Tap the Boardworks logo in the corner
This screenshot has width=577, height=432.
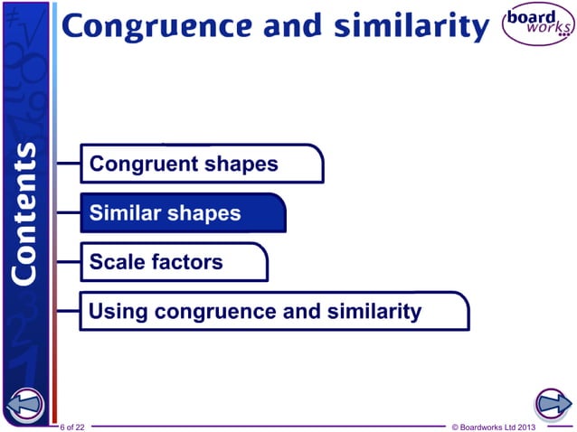pyautogui.click(x=538, y=26)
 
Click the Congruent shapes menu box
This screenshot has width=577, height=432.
pyautogui.click(x=202, y=164)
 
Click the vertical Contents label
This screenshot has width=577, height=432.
pyautogui.click(x=26, y=211)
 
